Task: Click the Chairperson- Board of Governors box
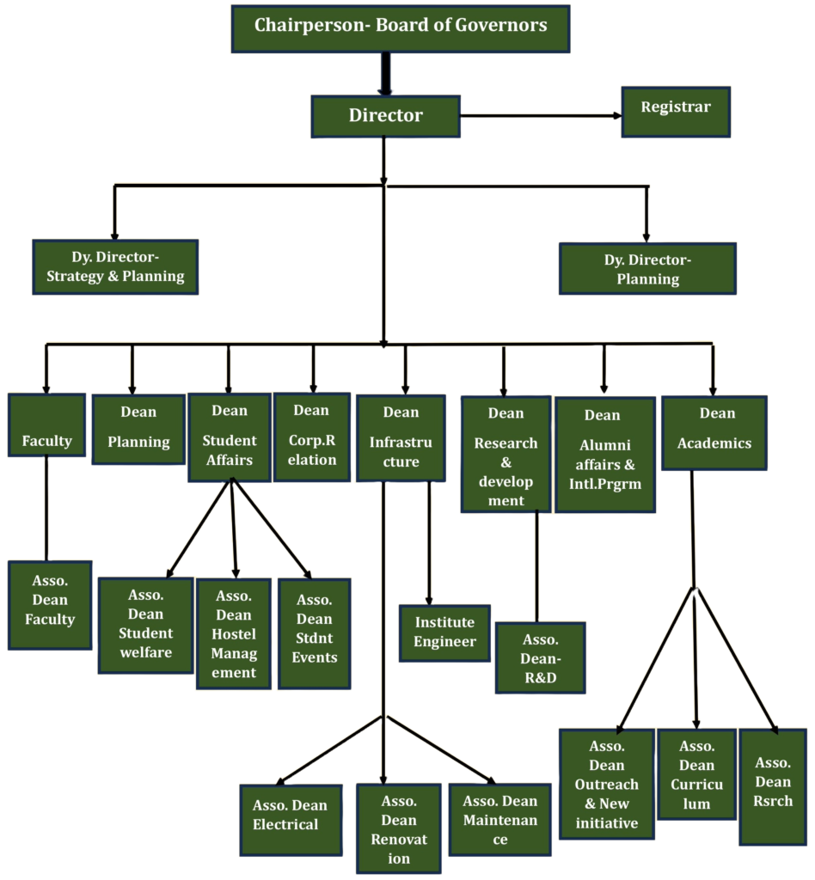coord(401,27)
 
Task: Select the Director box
coord(385,115)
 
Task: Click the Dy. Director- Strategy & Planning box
coord(115,266)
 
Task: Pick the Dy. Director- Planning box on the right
coord(647,268)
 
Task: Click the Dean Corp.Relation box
coord(311,435)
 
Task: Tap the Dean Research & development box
coord(506,455)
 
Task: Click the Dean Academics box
coord(714,432)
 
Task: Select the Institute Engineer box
coord(444,632)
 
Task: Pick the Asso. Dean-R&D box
coord(541,657)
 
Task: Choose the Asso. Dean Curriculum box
coord(696,773)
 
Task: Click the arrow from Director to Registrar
coord(542,115)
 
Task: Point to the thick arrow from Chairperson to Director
coord(385,74)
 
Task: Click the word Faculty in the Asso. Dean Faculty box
coord(50,619)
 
